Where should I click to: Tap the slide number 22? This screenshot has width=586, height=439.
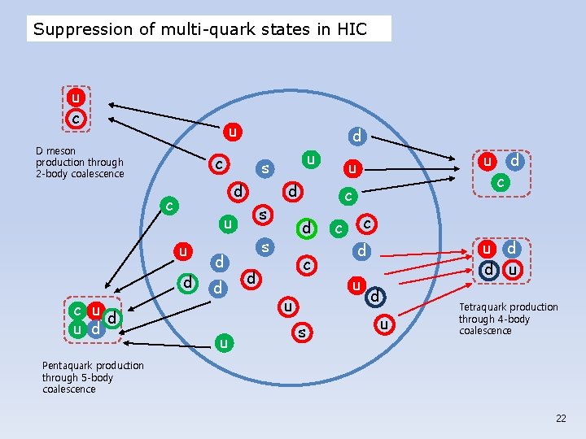(561, 418)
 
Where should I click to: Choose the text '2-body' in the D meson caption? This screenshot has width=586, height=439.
(50, 173)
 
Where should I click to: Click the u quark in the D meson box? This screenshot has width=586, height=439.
(76, 98)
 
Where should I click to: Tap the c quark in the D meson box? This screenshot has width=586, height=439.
(76, 119)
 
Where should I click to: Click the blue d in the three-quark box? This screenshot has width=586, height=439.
(514, 163)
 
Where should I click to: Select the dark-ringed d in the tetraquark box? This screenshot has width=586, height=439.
(488, 267)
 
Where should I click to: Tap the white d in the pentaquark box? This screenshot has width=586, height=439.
(112, 318)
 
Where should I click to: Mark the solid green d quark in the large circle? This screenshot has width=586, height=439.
(305, 228)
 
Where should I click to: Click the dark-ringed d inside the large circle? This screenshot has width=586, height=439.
(375, 298)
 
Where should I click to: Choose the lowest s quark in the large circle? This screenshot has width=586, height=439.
(302, 332)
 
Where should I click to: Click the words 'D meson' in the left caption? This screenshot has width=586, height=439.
(55, 150)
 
